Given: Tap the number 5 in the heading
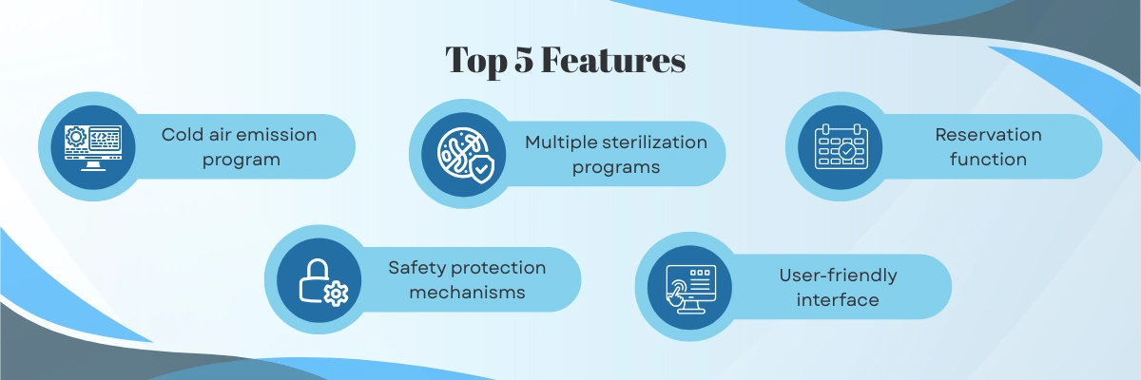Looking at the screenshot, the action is click(524, 60).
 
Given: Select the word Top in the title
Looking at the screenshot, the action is click(475, 62).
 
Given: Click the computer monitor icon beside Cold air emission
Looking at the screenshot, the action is click(93, 147).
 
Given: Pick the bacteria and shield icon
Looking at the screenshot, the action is click(465, 155).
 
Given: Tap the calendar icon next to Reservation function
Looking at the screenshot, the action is click(841, 147).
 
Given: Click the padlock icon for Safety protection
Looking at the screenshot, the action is click(323, 282).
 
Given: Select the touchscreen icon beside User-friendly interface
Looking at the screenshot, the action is click(690, 290).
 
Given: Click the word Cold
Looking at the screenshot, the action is click(182, 135).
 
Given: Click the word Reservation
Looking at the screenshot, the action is click(988, 135).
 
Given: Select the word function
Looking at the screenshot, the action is click(988, 160).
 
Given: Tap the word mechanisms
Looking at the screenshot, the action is click(467, 293).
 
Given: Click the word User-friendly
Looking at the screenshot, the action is click(838, 276).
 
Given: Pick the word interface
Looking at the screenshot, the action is click(838, 300).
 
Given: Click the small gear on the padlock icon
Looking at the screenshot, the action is click(337, 294).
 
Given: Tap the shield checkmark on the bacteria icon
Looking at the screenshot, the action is click(481, 169).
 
